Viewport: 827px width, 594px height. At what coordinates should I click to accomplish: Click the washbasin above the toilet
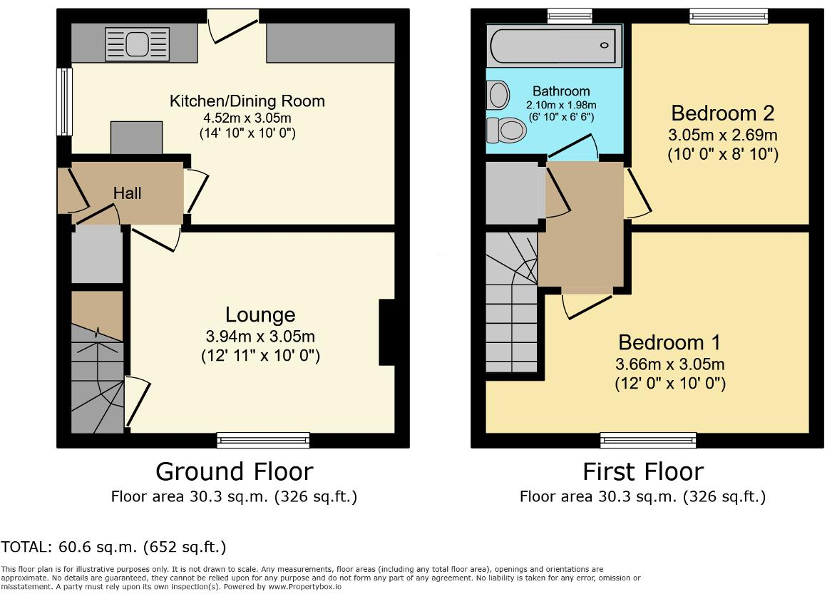[498, 94]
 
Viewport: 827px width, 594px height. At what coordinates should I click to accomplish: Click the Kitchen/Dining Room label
[247, 101]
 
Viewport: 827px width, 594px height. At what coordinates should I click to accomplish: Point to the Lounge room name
[260, 314]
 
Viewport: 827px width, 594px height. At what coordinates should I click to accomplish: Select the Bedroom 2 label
[723, 113]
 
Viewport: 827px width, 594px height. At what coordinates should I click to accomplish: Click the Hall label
[128, 193]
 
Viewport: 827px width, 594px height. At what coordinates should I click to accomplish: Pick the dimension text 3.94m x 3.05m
[260, 337]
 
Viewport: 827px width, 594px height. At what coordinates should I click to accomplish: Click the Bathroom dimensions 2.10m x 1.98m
[561, 104]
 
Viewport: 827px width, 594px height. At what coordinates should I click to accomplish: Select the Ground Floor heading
[234, 471]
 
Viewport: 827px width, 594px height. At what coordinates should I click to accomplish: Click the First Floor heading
[642, 471]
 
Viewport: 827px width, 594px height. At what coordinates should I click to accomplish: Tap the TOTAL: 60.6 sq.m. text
[113, 548]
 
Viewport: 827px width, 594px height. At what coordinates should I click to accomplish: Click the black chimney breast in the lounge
[387, 332]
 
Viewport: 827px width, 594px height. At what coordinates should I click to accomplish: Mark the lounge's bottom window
[263, 440]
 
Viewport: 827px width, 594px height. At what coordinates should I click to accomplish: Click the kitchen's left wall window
[65, 101]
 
